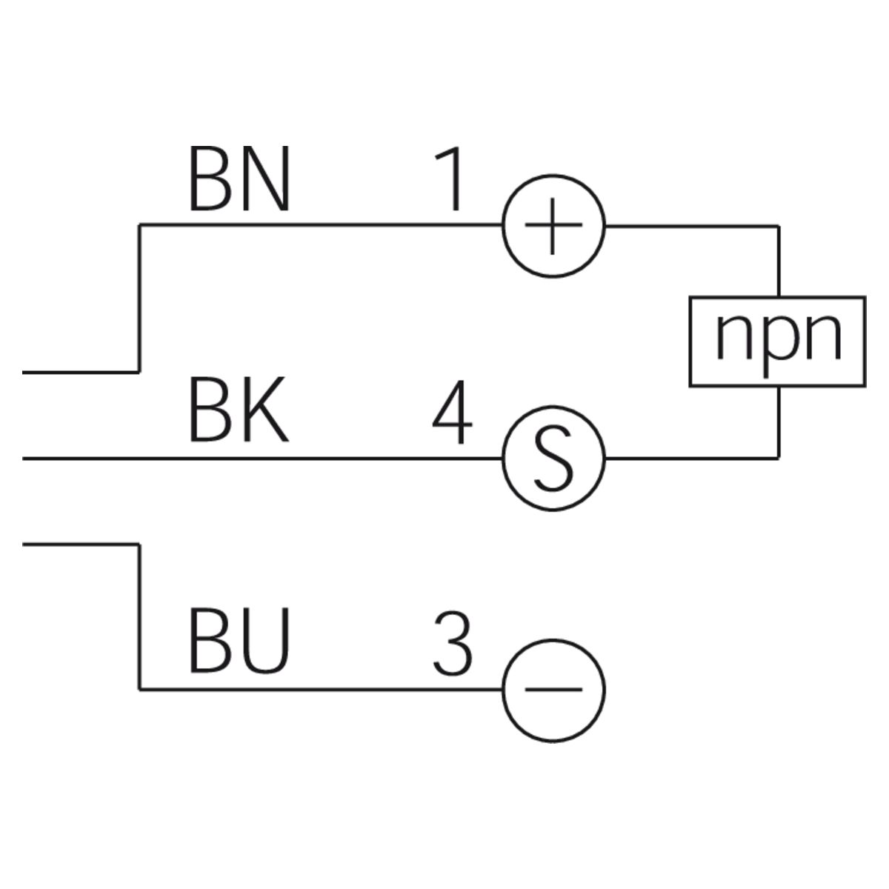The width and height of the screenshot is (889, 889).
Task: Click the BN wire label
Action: click(x=239, y=178)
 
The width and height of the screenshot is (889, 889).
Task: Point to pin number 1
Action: click(x=450, y=178)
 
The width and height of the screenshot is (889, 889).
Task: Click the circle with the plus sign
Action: click(x=554, y=226)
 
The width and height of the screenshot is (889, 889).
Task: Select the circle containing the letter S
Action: click(x=554, y=459)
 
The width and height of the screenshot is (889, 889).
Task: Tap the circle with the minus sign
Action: click(x=554, y=690)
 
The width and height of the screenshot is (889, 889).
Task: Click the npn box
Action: click(x=777, y=342)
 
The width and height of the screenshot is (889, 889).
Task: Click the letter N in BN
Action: click(x=265, y=178)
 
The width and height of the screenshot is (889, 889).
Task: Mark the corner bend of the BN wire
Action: click(x=139, y=224)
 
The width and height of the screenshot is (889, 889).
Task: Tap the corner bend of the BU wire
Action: click(x=139, y=690)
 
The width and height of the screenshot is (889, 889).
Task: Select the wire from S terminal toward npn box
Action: click(x=689, y=459)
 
